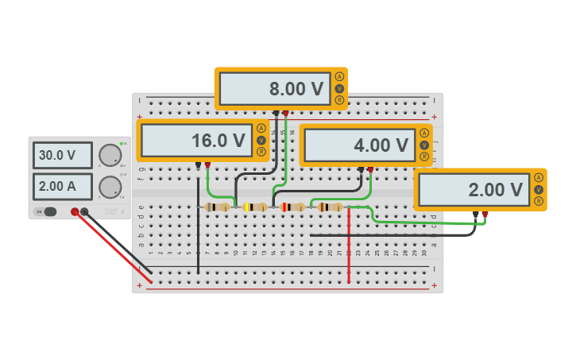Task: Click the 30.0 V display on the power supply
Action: [62, 156]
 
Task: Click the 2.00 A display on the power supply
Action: [62, 187]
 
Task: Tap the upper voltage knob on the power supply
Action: [110, 155]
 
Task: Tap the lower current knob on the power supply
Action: [110, 187]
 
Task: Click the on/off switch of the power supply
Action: [49, 211]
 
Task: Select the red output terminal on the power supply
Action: [75, 211]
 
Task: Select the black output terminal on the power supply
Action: [84, 211]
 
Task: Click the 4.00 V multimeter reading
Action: [360, 145]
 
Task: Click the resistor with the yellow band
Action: [255, 207]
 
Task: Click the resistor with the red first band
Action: [292, 207]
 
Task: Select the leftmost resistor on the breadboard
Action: [217, 207]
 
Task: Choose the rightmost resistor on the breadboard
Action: [329, 207]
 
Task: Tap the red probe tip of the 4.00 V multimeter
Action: [370, 169]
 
